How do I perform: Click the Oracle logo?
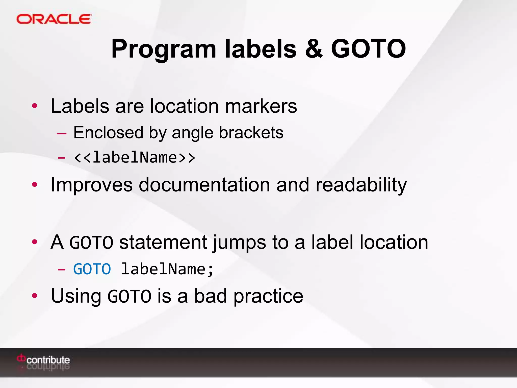pyautogui.click(x=54, y=19)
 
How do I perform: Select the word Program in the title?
pyautogui.click(x=164, y=50)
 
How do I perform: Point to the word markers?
pyautogui.click(x=261, y=106)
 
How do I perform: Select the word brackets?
pyautogui.click(x=251, y=133)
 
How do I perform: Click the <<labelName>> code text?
pyautogui.click(x=134, y=158)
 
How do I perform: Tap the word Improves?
pyautogui.click(x=91, y=185)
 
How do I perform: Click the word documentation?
pyautogui.click(x=204, y=185)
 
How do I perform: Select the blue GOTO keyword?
pyautogui.click(x=92, y=269)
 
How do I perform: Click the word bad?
pyautogui.click(x=210, y=296)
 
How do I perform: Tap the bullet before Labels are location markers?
pyautogui.click(x=35, y=106)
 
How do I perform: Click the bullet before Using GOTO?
pyautogui.click(x=35, y=296)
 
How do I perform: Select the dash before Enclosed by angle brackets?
pyautogui.click(x=62, y=133)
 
